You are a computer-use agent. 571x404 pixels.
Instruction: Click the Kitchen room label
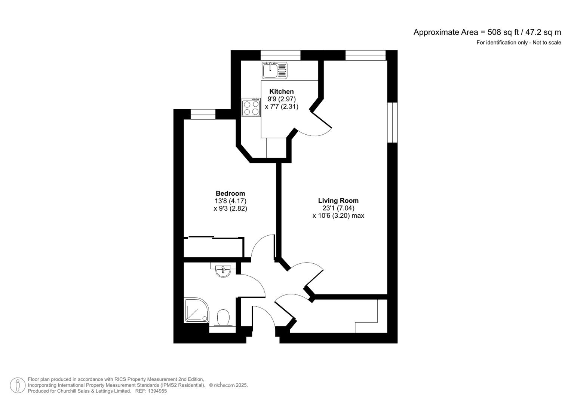pyautogui.click(x=281, y=92)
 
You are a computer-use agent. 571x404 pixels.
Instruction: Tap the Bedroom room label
pyautogui.click(x=230, y=193)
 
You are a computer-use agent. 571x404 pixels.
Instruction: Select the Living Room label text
pyautogui.click(x=338, y=201)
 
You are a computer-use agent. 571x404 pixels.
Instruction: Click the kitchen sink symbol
pyautogui.click(x=274, y=70)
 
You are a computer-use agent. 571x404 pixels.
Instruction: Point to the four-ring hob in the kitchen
pyautogui.click(x=251, y=107)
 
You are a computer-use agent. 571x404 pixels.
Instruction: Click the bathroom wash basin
pyautogui.click(x=224, y=270)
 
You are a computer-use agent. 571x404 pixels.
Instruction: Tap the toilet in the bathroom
pyautogui.click(x=223, y=318)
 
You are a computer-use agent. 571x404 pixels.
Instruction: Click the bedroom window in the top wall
pyautogui.click(x=203, y=114)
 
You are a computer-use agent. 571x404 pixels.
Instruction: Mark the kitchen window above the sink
pyautogui.click(x=280, y=55)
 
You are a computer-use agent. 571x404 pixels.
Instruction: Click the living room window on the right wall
pyautogui.click(x=392, y=122)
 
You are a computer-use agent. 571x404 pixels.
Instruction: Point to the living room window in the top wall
pyautogui.click(x=365, y=55)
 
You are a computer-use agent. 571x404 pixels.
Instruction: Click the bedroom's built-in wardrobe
pyautogui.click(x=214, y=247)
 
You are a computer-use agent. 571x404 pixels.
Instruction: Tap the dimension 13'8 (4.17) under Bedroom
pyautogui.click(x=230, y=201)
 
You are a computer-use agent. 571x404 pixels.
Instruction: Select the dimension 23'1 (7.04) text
pyautogui.click(x=338, y=208)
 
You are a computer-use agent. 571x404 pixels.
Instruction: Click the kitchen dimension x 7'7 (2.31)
pyautogui.click(x=281, y=107)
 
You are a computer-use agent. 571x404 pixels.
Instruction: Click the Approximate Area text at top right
pyautogui.click(x=487, y=32)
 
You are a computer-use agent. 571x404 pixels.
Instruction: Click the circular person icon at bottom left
pyautogui.click(x=18, y=385)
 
